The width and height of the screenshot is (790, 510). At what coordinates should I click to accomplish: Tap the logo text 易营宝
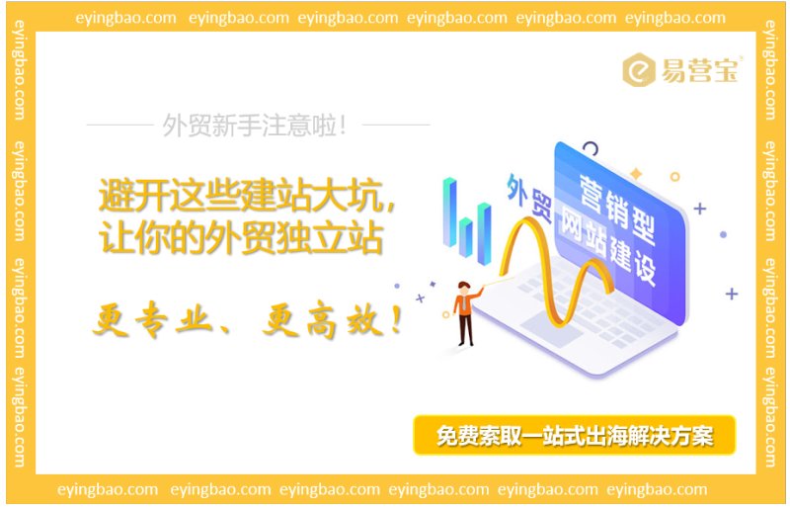(700, 71)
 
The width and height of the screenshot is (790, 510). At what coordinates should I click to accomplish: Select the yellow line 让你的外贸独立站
(241, 238)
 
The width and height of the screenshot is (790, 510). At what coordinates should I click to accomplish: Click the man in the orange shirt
(464, 310)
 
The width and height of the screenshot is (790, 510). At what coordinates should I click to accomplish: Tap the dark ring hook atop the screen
(590, 150)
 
